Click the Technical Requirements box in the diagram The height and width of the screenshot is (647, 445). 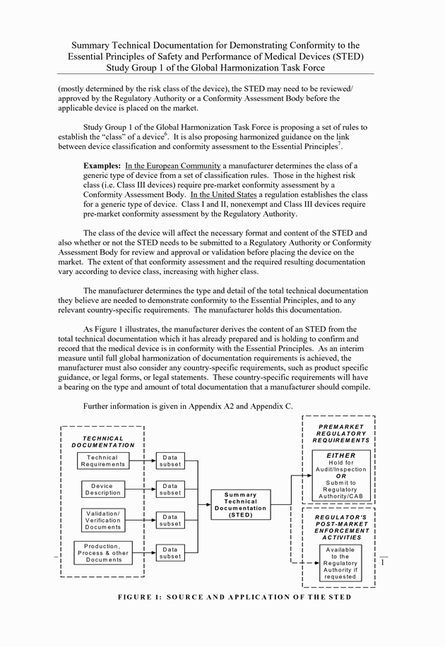[x=102, y=461]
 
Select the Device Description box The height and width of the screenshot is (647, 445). [x=102, y=489]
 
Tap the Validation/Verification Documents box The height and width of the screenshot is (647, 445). [x=103, y=520]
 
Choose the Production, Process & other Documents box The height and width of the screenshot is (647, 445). [x=103, y=552]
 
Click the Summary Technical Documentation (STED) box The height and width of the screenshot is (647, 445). [x=240, y=505]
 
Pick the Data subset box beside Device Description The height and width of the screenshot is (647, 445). [x=170, y=489]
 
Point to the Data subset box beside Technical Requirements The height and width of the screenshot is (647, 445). [x=170, y=461]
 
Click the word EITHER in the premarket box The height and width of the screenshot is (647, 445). [x=340, y=456]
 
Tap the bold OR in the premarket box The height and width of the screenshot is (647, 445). [x=340, y=476]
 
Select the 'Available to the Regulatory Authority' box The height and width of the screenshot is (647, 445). [x=340, y=563]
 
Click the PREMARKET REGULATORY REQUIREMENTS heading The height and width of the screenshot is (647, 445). [x=340, y=434]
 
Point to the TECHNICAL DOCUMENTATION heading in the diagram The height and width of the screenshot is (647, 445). [x=103, y=442]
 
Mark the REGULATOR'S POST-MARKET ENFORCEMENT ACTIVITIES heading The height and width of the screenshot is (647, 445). [x=340, y=527]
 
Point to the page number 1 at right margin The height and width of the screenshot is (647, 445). [x=382, y=562]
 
